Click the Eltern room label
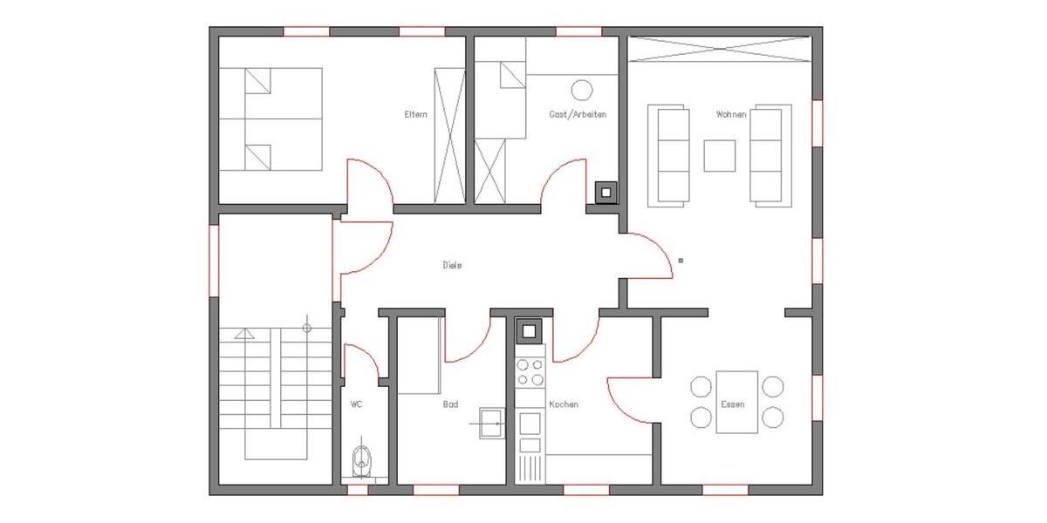coord(415,114)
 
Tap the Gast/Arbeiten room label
coord(577,114)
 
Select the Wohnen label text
coord(730,114)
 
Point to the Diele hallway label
coord(451,265)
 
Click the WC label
coord(357,404)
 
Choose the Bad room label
coord(450,404)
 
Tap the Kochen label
coord(563,404)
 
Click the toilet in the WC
coord(361,459)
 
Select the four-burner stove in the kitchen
coord(530,372)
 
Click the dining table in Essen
coord(736,402)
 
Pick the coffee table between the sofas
coord(720,156)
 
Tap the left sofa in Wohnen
coord(670,155)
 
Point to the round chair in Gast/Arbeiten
coord(581,89)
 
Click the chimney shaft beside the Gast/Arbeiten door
coord(605,192)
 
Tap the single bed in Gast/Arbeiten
coord(501,99)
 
